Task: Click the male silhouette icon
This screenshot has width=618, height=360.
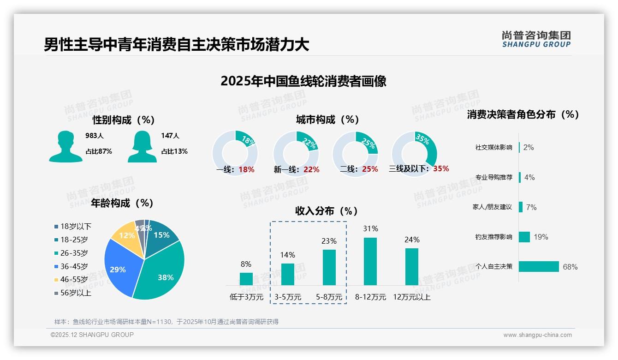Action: point(65,146)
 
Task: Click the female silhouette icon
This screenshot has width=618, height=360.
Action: point(142,146)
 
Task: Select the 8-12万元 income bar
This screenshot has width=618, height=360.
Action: point(370,261)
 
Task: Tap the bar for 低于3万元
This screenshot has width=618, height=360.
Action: point(246,279)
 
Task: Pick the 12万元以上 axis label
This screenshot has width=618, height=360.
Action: point(411,297)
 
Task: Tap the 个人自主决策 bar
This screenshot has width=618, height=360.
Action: point(539,267)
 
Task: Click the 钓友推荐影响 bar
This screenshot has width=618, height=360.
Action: point(524,237)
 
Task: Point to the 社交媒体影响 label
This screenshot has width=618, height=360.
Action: point(493,148)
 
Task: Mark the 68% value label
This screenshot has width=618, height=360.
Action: point(570,267)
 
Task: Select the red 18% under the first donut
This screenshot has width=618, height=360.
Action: point(246,170)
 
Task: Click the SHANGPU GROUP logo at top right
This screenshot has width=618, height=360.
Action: point(536,39)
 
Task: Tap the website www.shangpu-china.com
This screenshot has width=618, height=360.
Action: point(537,335)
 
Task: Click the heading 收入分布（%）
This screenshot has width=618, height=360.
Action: point(327,211)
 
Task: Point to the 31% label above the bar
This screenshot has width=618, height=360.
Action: point(370,229)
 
